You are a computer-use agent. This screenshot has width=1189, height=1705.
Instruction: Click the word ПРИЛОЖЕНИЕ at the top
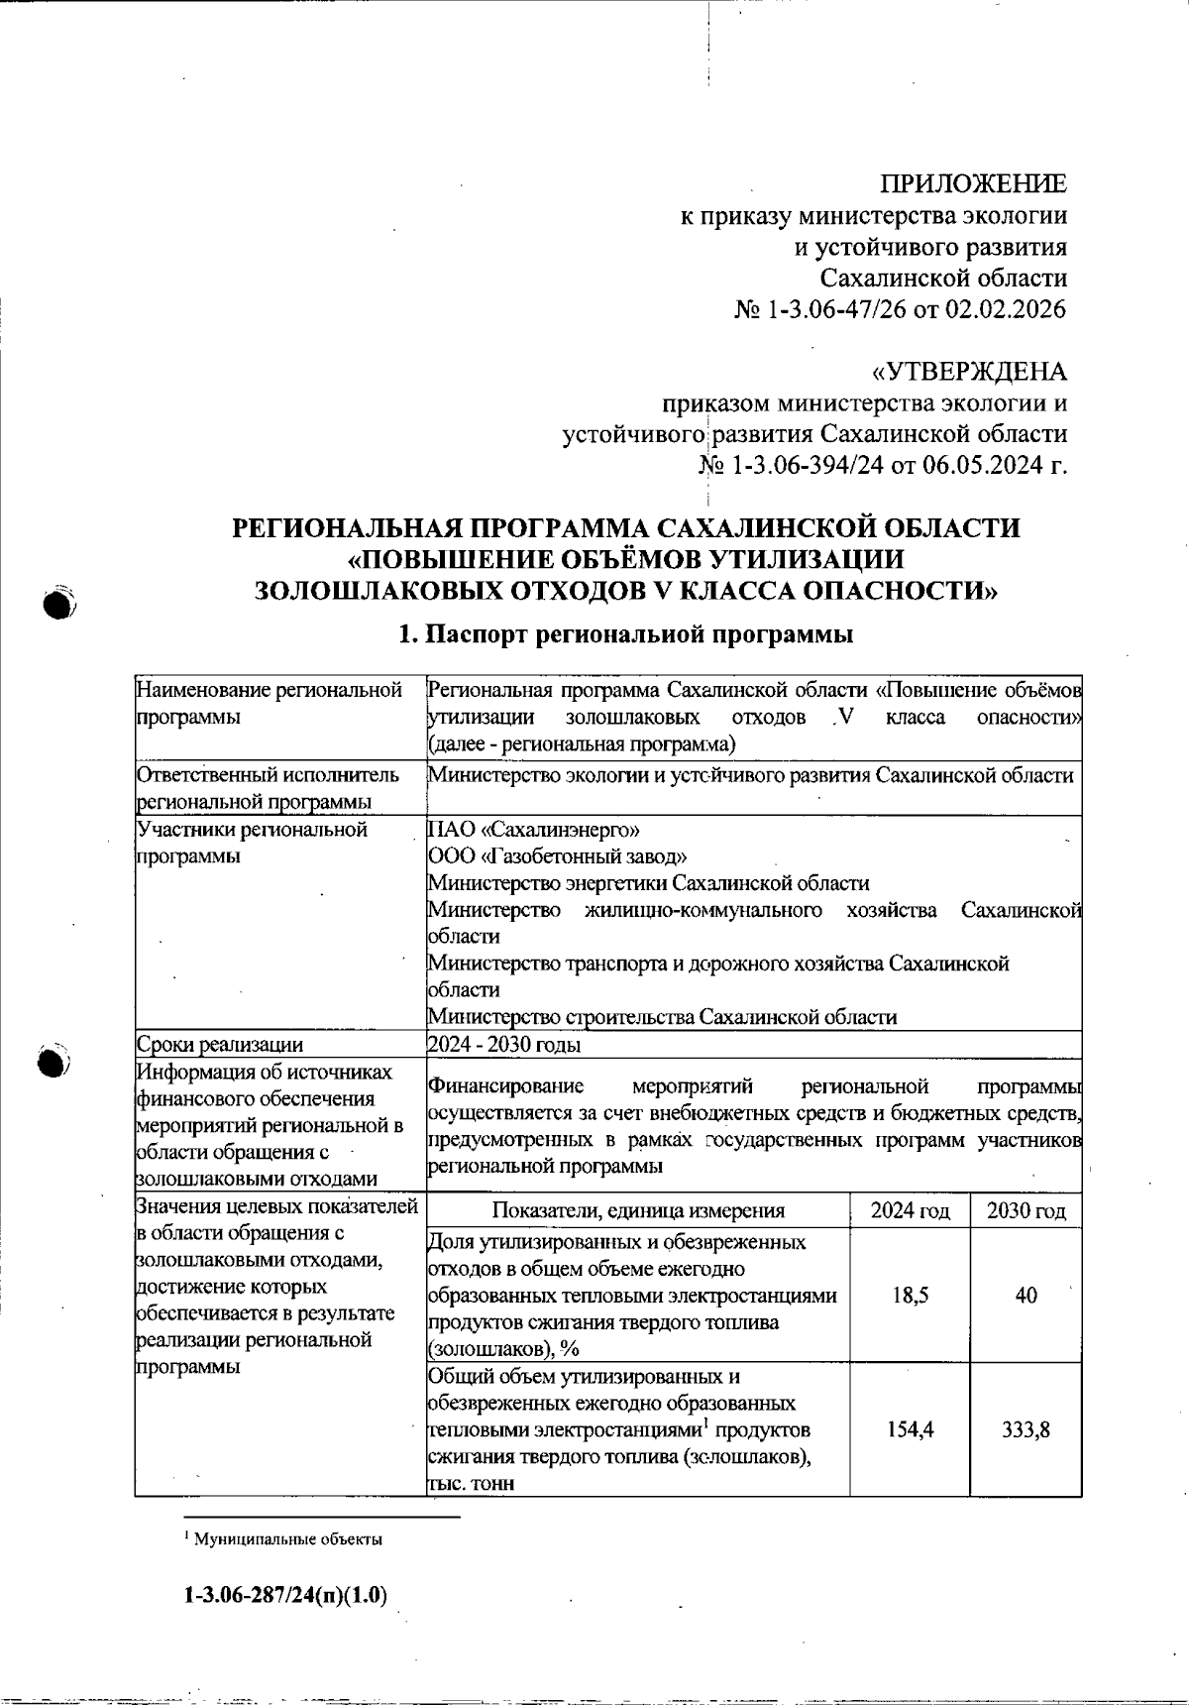[x=973, y=183]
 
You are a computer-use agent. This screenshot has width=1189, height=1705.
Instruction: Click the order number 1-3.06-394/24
[x=809, y=466]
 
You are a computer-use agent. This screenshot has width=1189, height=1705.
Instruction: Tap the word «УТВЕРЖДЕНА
[x=968, y=373]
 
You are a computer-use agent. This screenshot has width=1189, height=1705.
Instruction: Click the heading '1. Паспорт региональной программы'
[x=625, y=634]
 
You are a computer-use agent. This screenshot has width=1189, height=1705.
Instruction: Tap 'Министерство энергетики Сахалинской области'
[x=648, y=883]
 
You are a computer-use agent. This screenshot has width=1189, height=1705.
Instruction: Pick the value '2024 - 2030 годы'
[x=503, y=1045]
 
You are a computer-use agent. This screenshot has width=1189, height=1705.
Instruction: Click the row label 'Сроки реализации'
[x=220, y=1045]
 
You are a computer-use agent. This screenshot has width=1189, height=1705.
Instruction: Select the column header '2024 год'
[x=910, y=1210]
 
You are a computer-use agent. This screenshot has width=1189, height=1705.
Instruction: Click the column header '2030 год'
[x=1026, y=1210]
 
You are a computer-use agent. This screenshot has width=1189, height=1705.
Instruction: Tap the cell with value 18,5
[x=910, y=1296]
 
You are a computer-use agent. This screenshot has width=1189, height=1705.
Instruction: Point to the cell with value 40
[x=1026, y=1296]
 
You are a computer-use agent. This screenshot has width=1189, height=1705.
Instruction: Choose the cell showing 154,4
[x=910, y=1429]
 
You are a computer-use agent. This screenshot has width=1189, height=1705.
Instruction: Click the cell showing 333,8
[x=1026, y=1429]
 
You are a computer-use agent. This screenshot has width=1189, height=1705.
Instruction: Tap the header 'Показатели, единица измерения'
[x=637, y=1210]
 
